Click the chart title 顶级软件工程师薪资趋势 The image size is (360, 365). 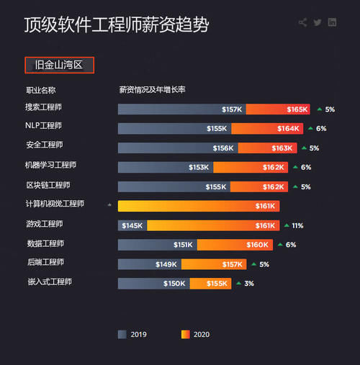pos(116,25)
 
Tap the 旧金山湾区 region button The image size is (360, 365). pos(60,65)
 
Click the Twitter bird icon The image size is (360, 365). pos(318,22)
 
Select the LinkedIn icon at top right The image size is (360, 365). pos(333,22)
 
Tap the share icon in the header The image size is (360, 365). pos(302,22)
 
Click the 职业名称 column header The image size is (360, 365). pos(41,90)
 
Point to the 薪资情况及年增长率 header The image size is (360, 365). pos(153,90)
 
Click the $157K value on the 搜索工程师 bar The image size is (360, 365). pos(232,109)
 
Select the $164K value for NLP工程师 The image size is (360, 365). pos(288,129)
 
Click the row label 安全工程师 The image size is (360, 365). pos(44,145)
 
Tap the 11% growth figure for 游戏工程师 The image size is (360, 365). pos(297,225)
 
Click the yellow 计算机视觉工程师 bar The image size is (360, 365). pos(199,206)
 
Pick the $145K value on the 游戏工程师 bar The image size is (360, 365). pos(132,225)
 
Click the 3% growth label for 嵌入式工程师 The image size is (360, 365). pos(249,284)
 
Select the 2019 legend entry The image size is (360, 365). pos(132,334)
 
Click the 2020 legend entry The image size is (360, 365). pos(196,334)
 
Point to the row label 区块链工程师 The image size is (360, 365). pos(48,185)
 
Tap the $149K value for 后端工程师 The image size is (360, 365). pos(166,264)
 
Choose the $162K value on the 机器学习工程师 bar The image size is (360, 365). pos(274,167)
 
